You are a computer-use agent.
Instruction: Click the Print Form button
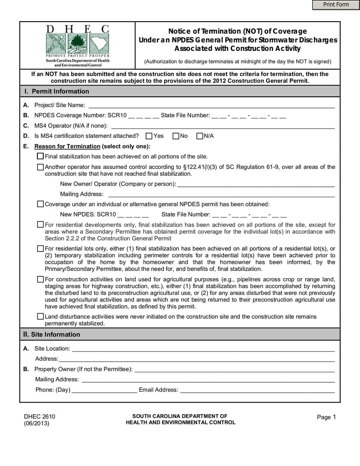[336, 5]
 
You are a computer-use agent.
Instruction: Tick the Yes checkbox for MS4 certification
[149, 136]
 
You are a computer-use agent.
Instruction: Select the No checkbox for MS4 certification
[176, 136]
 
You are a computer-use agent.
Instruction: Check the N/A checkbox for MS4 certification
[200, 136]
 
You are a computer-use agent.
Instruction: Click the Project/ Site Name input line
[211, 105]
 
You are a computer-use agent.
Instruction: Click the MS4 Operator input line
[223, 126]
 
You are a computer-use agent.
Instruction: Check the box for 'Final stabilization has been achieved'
[40, 156]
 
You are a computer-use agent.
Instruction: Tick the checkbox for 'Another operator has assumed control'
[40, 167]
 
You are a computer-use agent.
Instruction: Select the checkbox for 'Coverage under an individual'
[40, 204]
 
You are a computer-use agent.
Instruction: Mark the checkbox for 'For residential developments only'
[40, 225]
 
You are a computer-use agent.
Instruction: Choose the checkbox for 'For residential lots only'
[40, 249]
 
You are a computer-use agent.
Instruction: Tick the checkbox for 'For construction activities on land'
[40, 280]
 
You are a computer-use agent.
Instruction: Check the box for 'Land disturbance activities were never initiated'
[40, 317]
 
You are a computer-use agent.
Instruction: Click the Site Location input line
[203, 348]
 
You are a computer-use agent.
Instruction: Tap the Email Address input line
[257, 390]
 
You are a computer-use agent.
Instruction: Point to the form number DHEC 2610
[40, 416]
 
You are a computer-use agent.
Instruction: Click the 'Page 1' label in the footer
[326, 417]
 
